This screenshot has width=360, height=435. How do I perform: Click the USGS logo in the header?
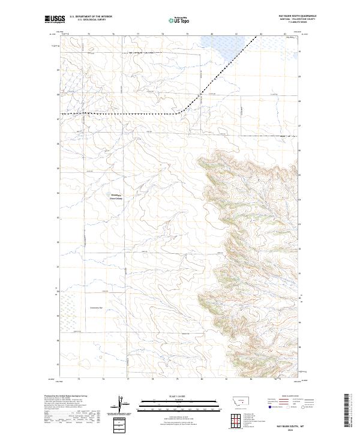tap(55, 20)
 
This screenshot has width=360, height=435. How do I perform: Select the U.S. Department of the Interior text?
tap(91, 17)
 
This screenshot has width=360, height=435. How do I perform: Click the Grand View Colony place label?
tap(115, 197)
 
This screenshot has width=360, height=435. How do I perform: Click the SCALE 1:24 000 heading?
tap(178, 395)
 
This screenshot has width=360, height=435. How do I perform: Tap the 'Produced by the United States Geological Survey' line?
tap(67, 396)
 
